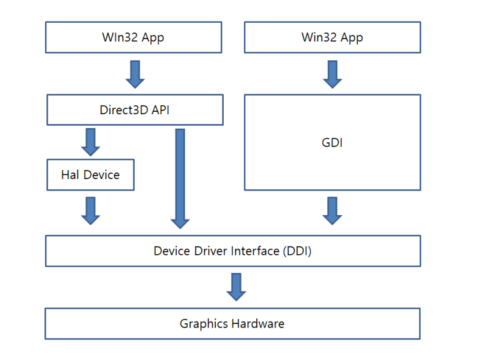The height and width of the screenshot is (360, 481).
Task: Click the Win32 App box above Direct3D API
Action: pos(133,37)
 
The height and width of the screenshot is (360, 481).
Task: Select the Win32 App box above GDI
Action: pos(332,37)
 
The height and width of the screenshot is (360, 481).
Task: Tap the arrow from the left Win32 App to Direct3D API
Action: pos(135,73)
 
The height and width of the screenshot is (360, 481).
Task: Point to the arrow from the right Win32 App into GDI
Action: pos(332,73)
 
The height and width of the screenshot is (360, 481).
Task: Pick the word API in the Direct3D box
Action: pos(159,110)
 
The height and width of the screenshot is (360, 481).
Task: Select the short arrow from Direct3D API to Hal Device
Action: pos(90,141)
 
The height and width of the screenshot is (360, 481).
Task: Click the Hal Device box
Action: pos(90,175)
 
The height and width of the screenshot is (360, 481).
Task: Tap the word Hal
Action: pos(70,175)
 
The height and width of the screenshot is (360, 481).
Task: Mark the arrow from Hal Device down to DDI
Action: pos(90,210)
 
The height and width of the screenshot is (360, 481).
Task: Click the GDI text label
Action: pos(332,142)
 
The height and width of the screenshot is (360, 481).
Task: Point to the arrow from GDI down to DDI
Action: pos(332,210)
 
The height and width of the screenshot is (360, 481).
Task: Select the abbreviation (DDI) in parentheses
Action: pos(296,251)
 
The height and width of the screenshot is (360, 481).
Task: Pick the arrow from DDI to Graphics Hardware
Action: pos(236,287)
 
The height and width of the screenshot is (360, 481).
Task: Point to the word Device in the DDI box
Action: pos(172,251)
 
